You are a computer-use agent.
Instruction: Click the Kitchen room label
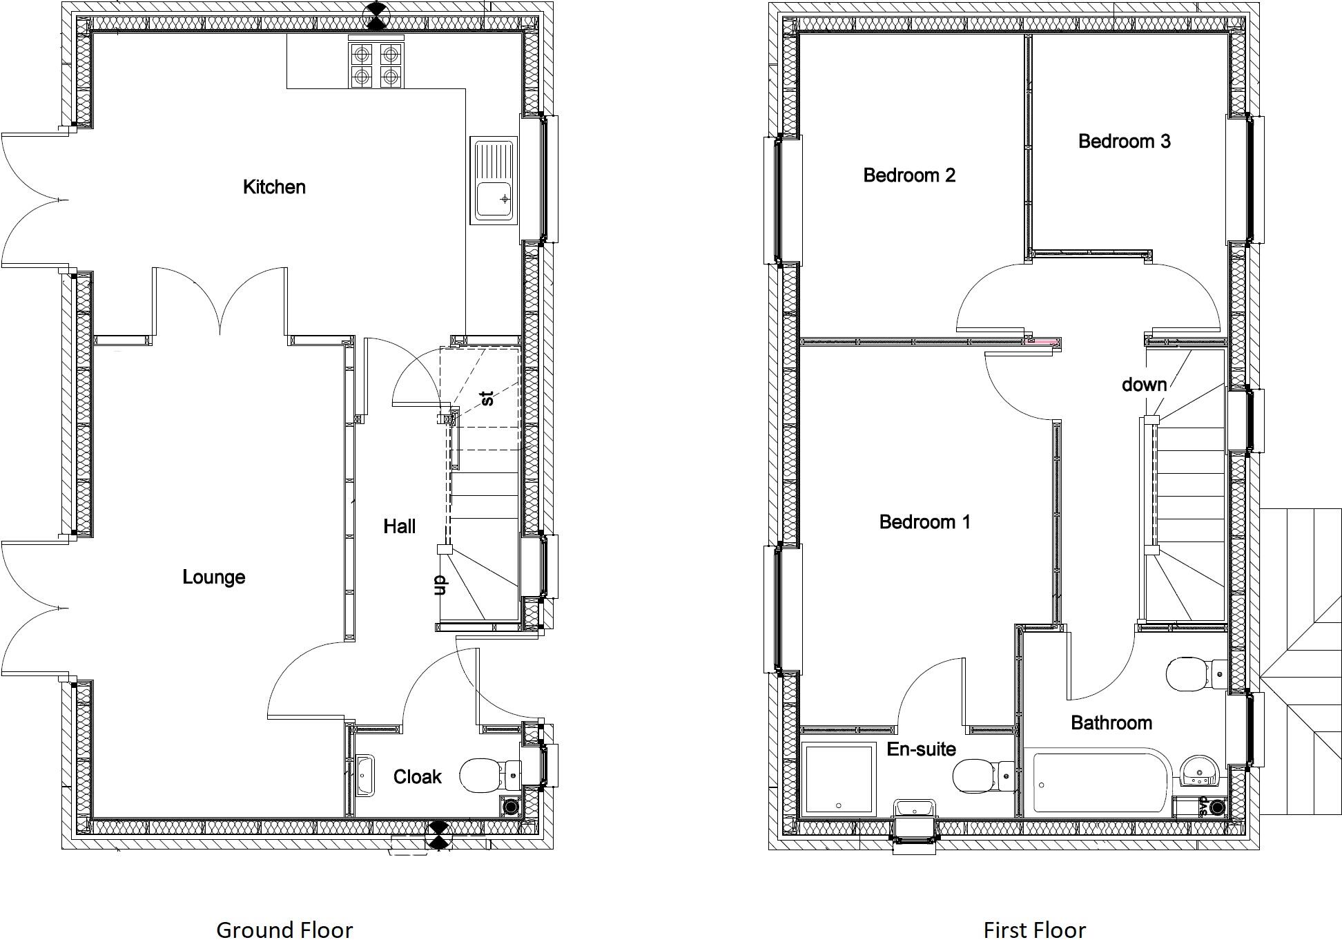click(274, 186)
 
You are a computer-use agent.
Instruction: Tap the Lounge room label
click(213, 577)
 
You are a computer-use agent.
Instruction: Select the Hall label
click(399, 526)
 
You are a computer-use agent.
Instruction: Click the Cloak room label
click(417, 777)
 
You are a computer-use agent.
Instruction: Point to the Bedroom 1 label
click(924, 521)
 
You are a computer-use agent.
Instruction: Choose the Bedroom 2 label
click(909, 175)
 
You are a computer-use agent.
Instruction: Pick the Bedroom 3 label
click(1124, 141)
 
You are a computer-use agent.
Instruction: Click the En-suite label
click(921, 749)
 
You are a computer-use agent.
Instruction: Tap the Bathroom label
click(1111, 722)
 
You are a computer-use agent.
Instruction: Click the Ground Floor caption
click(284, 929)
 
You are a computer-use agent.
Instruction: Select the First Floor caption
click(1034, 929)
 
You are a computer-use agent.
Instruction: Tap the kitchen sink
click(494, 180)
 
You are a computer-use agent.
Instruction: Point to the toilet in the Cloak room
click(489, 775)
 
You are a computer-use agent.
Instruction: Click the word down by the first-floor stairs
click(1144, 385)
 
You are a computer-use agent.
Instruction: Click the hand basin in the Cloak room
click(364, 775)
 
